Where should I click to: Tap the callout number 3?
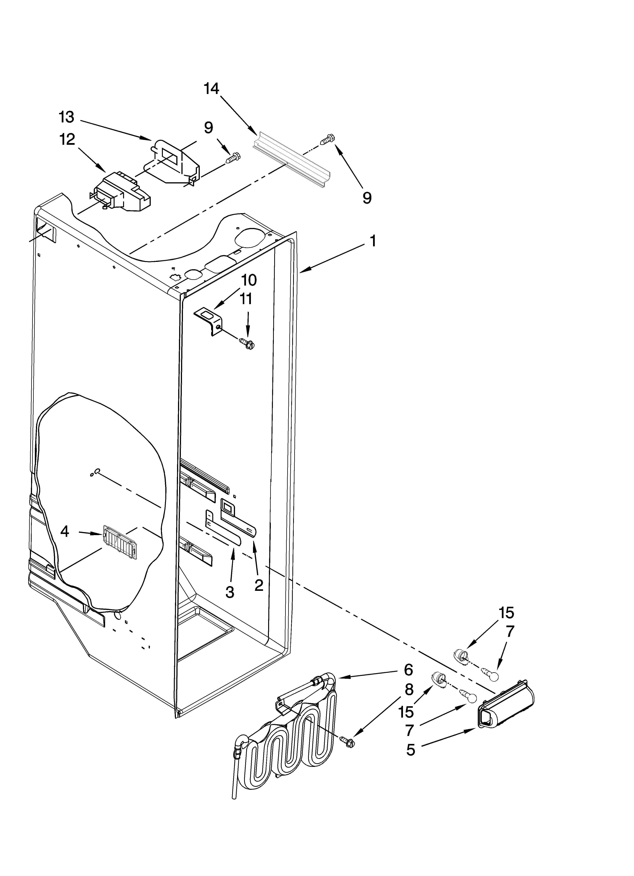(x=230, y=592)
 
